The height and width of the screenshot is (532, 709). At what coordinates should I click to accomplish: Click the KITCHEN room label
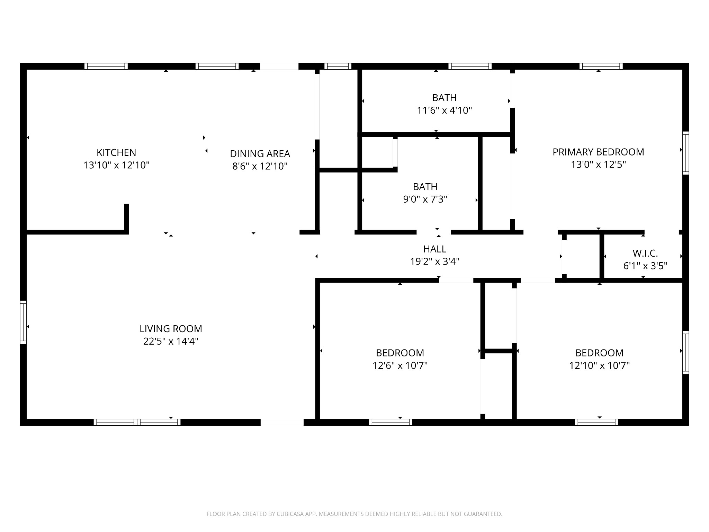(116, 152)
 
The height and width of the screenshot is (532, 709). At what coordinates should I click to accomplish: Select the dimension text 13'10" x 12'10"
(116, 165)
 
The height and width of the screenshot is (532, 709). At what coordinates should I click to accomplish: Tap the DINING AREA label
(260, 154)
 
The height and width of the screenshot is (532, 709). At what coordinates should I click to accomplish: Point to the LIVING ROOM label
(171, 329)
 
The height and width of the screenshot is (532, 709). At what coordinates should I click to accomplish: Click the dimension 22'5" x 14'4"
(171, 342)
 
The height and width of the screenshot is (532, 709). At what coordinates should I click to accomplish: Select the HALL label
(434, 249)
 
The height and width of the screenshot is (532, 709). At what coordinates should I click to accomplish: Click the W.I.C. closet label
(645, 254)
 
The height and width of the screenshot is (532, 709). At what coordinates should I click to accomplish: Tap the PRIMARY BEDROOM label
(598, 152)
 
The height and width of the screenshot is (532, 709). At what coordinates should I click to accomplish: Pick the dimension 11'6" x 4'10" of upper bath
(444, 110)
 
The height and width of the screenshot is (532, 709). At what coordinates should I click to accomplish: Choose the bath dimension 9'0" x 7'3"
(425, 199)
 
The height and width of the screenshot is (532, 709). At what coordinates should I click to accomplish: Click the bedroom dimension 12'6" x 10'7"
(400, 366)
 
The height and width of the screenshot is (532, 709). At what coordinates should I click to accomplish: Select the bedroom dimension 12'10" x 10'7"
(599, 366)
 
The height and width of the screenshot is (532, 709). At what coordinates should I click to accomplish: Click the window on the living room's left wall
(23, 322)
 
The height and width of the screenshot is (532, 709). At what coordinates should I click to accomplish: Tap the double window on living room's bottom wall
(137, 422)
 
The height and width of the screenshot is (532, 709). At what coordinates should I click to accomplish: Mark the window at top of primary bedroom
(601, 66)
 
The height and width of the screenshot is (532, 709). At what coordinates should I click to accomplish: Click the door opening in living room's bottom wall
(282, 422)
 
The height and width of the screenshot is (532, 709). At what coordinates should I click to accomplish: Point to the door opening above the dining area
(279, 66)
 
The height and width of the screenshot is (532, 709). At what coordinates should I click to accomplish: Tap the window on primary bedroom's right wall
(685, 152)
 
